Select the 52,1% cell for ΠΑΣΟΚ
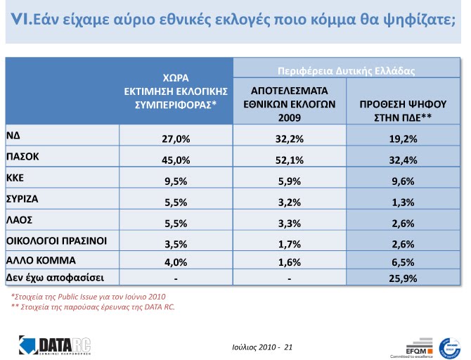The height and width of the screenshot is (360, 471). (288, 160)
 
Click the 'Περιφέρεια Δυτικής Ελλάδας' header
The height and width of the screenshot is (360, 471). (347, 71)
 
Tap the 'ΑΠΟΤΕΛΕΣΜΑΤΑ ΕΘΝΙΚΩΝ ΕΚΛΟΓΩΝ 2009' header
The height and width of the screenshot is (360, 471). (289, 104)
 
